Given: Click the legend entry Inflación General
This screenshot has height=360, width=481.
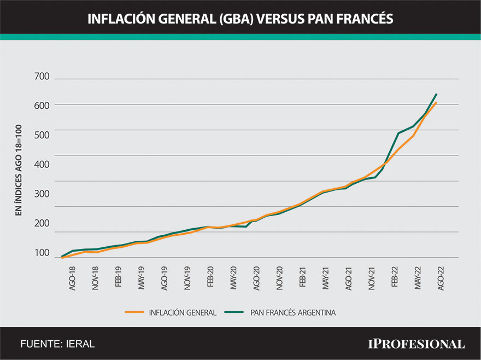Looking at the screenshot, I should [x=183, y=312].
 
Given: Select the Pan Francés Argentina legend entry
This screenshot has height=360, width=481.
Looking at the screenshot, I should [x=293, y=312].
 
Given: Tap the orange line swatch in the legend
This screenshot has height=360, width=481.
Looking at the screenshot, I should [x=134, y=312].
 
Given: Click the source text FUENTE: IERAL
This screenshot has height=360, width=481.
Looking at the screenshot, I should [x=57, y=344].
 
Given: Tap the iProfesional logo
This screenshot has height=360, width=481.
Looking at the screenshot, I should [x=417, y=344].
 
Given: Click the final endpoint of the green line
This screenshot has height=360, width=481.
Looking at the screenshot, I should [x=436, y=94].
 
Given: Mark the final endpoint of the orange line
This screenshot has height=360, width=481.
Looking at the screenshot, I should [x=436, y=103].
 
